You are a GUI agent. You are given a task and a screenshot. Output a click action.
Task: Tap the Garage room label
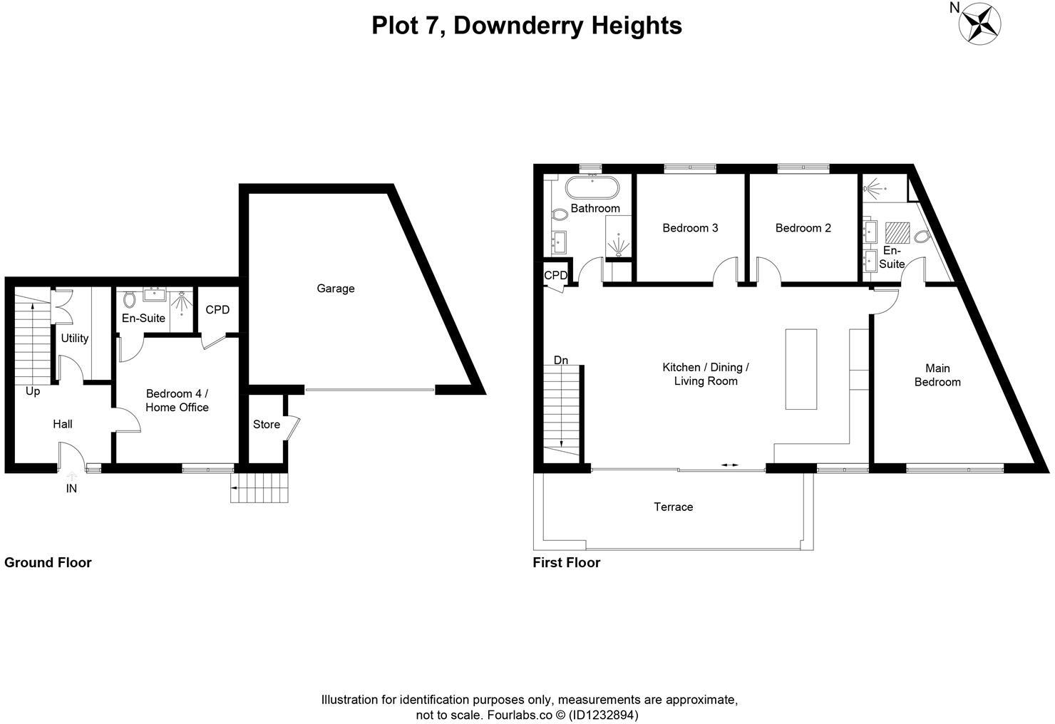(335, 289)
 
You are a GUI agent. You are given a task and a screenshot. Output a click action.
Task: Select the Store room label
(266, 425)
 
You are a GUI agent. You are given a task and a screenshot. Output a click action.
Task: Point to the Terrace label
(673, 507)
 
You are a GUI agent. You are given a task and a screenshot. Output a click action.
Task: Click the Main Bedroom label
(937, 375)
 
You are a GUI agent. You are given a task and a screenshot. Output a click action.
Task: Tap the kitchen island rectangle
(801, 368)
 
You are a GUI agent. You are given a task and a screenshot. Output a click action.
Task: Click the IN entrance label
(71, 489)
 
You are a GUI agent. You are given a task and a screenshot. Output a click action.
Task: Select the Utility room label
(74, 338)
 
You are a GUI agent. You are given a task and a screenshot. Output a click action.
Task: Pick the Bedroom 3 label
(690, 228)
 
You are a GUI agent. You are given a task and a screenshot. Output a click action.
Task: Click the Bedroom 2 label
(803, 228)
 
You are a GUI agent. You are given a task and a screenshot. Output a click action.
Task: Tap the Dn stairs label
(561, 361)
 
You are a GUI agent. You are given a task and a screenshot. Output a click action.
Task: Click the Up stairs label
(33, 391)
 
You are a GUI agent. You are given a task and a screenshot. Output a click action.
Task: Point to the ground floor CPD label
(217, 310)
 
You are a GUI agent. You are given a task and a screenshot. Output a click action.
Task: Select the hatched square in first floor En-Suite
(896, 233)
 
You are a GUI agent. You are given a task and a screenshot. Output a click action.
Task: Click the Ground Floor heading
(48, 562)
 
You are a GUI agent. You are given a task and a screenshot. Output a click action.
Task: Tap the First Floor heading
(567, 562)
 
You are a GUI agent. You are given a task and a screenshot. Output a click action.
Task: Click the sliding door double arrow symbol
(729, 465)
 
